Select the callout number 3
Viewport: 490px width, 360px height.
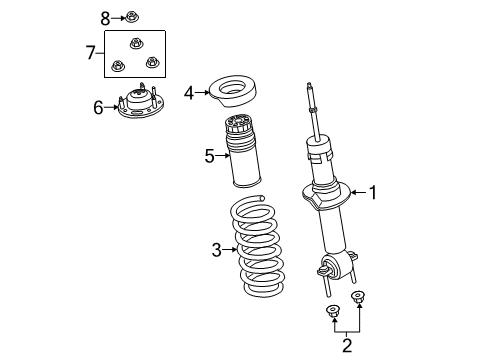tap(215, 250)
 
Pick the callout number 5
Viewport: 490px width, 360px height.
tap(209, 156)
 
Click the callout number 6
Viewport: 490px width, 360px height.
tap(98, 107)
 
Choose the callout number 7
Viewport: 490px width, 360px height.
tap(90, 52)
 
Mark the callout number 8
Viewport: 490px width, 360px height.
tap(105, 17)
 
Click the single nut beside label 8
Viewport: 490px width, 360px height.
tap(132, 17)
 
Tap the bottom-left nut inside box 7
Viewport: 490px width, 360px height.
tap(118, 65)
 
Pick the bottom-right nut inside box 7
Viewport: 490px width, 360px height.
tap(152, 63)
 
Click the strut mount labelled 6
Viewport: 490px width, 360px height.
tap(141, 107)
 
